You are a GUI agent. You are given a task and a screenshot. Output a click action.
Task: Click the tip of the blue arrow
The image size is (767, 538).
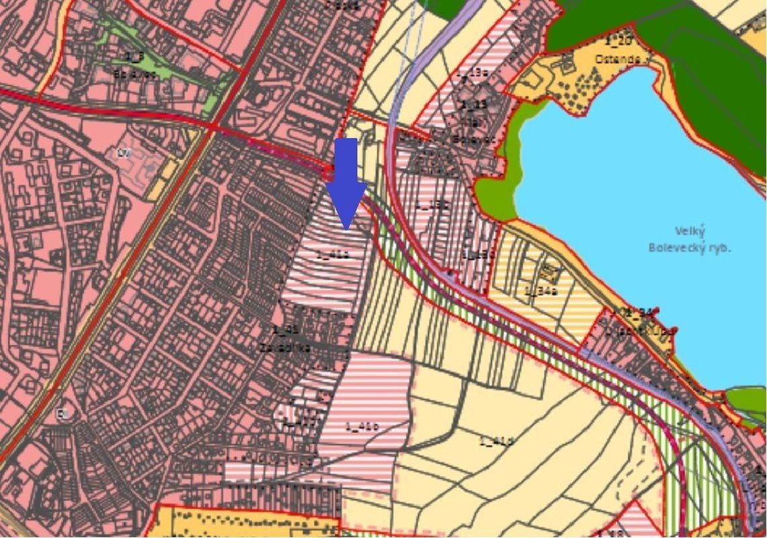346,229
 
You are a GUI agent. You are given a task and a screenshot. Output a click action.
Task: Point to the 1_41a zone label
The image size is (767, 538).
332,255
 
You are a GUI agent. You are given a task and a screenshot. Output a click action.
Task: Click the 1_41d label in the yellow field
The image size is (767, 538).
497,441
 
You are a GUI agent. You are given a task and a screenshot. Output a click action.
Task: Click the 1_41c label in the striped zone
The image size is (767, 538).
362,426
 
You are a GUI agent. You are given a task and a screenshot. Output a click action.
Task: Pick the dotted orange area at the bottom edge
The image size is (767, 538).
242,523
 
